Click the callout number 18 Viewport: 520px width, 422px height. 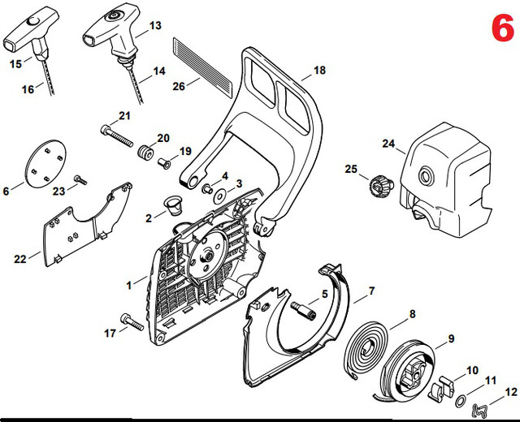[318, 71]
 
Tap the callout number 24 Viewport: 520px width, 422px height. [388, 144]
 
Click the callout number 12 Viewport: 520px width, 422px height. [510, 391]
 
